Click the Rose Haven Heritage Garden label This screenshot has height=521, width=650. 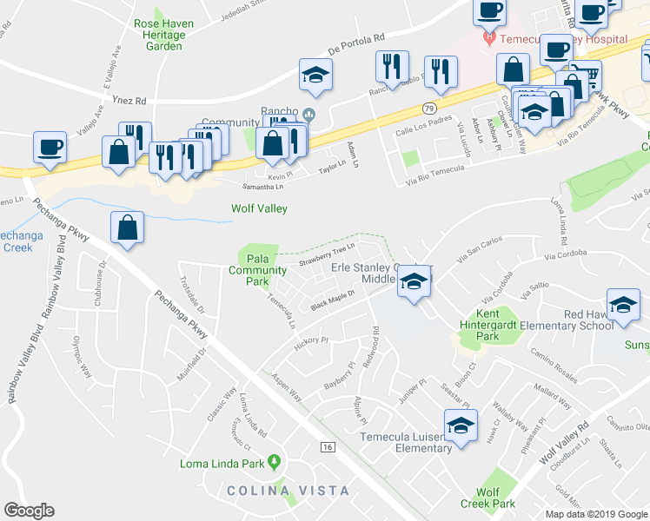(159, 34)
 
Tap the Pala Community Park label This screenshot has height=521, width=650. (257, 270)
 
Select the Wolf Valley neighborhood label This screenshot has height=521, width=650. (259, 208)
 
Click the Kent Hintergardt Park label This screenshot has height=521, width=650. (487, 324)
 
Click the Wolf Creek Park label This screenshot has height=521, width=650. (488, 497)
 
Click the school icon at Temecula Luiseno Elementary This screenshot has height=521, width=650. (461, 426)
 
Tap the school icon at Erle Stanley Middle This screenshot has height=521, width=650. (415, 281)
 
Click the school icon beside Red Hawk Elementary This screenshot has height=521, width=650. (623, 305)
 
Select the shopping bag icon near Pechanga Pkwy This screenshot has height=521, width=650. (128, 228)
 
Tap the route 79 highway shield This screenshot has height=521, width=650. (429, 109)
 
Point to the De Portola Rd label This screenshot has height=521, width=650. (356, 42)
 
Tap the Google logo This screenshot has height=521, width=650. (29, 511)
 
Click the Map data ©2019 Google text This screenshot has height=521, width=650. (597, 514)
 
